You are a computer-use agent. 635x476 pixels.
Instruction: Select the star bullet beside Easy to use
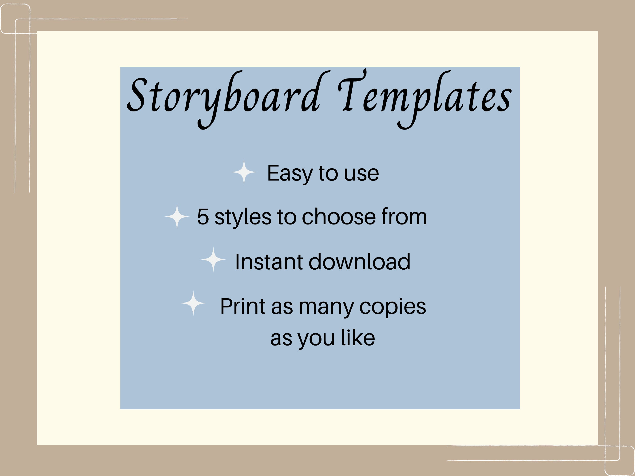[244, 172]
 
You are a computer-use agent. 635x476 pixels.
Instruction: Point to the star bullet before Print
[193, 303]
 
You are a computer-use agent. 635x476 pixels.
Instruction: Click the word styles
[242, 217]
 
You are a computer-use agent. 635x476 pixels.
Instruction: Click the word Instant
[269, 262]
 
